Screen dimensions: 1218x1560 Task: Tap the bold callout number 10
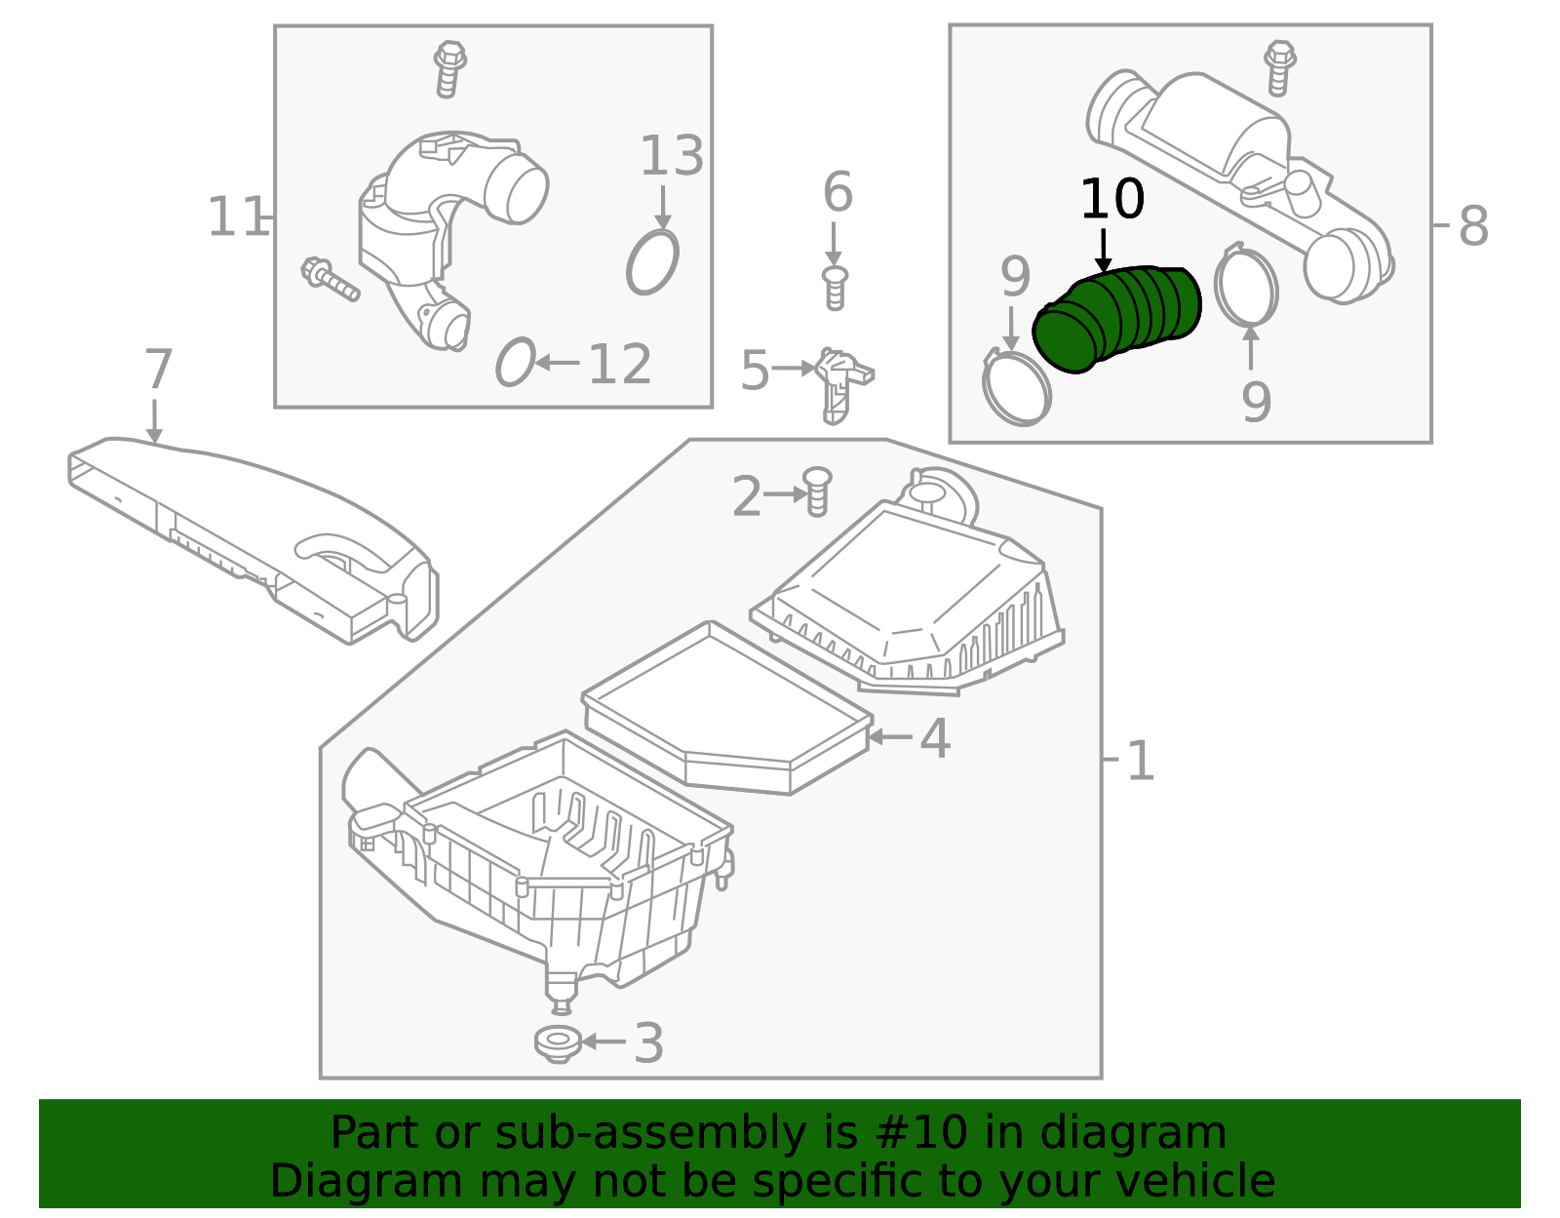[1111, 200]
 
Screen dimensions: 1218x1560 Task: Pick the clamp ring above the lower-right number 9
[1247, 287]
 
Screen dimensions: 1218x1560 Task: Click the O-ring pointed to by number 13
[652, 262]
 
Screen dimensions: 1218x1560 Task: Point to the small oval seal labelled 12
[515, 362]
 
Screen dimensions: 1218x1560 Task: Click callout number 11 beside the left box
[237, 217]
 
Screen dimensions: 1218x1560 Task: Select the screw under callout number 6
[835, 288]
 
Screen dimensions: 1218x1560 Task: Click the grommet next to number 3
[558, 1043]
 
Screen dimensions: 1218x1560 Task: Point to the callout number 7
[158, 371]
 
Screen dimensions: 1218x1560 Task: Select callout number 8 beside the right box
[1472, 227]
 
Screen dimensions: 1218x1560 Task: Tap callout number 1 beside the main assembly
[1140, 761]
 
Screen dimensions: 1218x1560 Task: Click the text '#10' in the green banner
[921, 1133]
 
